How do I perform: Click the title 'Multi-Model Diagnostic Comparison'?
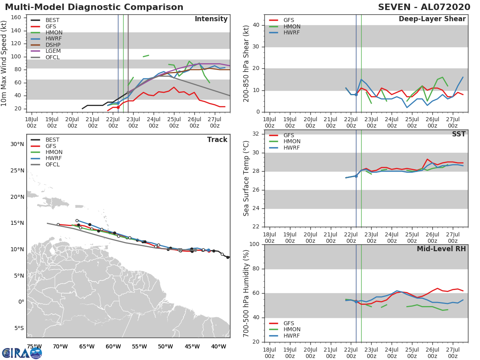pos(94,7)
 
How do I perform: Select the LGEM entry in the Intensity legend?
pos(52,51)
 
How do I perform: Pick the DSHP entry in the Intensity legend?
pos(52,45)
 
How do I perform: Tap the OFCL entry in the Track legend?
pos(52,165)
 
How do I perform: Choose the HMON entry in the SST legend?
pos(292,142)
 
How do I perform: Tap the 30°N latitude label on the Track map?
pos(17,144)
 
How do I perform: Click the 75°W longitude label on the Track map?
pos(34,346)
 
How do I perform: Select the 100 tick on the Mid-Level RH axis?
pos(254,244)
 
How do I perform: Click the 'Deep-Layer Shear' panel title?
pos(432,19)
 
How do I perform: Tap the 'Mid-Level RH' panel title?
pos(441,249)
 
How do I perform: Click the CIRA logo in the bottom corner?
pos(22,353)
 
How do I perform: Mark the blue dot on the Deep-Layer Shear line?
pos(356,94)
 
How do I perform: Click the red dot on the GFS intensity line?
pos(118,107)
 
